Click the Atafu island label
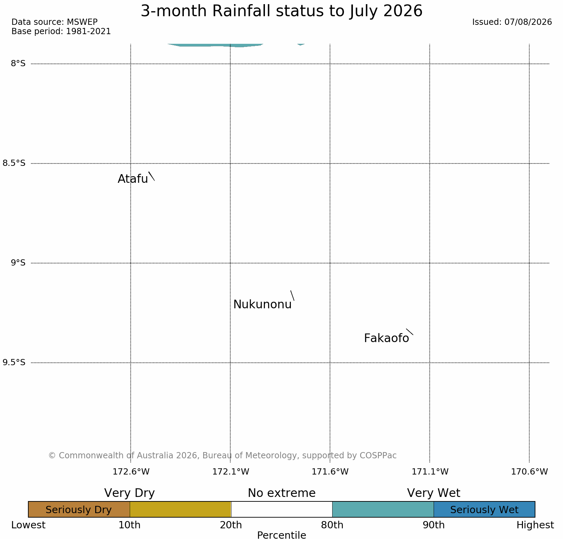(x=133, y=179)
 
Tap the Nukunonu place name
(x=263, y=305)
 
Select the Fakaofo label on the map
(x=386, y=338)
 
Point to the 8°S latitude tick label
(x=18, y=63)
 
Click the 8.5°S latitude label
(x=14, y=163)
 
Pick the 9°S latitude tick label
(x=18, y=263)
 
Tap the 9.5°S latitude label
(x=14, y=362)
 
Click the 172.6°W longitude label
(x=131, y=471)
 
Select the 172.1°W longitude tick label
(x=230, y=471)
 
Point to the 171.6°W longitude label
(x=330, y=471)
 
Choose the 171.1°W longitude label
(x=430, y=471)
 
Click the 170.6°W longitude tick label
(x=530, y=471)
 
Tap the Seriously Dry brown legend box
(x=79, y=509)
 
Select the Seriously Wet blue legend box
(x=484, y=509)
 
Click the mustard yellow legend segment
(x=180, y=509)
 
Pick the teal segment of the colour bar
(x=383, y=509)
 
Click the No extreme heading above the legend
(x=281, y=493)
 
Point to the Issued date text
(x=512, y=22)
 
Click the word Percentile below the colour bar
(x=281, y=535)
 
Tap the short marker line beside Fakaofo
(x=409, y=332)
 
